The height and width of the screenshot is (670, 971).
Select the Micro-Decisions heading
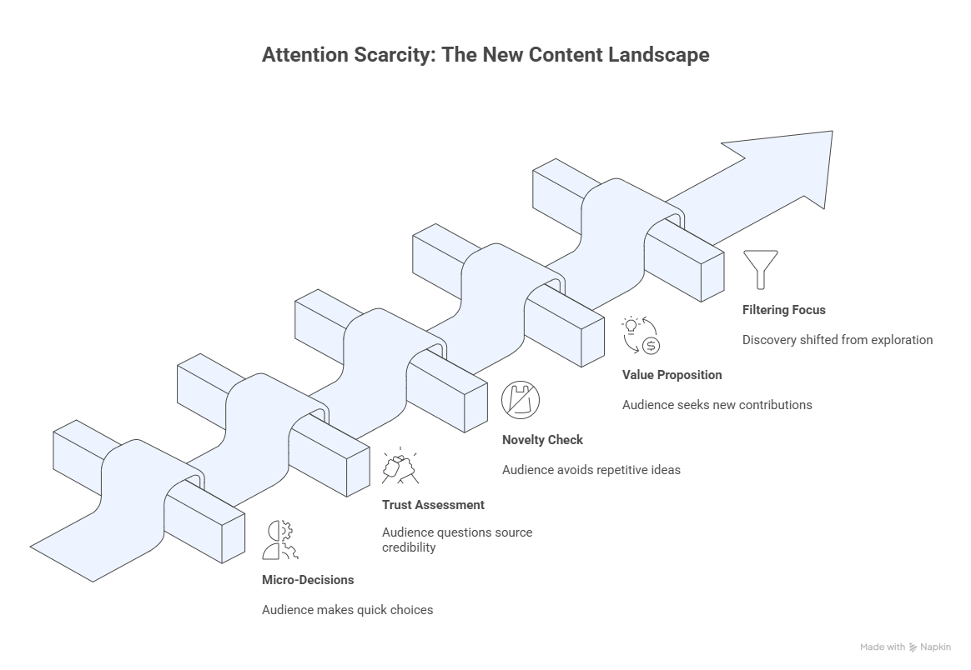[x=308, y=579]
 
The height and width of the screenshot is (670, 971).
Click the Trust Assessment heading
[x=433, y=505]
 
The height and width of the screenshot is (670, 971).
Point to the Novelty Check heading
[x=542, y=439]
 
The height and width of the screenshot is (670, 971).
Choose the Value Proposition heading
[x=672, y=375]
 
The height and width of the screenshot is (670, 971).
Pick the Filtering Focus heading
[x=783, y=310]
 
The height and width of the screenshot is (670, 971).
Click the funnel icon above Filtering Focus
[x=760, y=266]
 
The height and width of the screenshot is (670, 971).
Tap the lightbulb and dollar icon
[x=641, y=335]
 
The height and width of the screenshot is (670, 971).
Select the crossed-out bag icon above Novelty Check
[x=521, y=400]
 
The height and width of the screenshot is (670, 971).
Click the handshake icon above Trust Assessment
[x=400, y=465]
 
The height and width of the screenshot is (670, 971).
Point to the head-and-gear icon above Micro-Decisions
[x=280, y=538]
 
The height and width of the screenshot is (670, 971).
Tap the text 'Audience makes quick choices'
[x=347, y=610]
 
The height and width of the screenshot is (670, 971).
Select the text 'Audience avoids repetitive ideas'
[x=591, y=470]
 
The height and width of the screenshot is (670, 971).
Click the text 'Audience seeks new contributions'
[x=717, y=405]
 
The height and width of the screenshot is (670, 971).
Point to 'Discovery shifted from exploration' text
[x=837, y=340]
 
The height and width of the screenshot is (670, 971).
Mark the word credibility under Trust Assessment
[x=409, y=547]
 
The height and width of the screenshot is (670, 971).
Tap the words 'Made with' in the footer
[x=883, y=647]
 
